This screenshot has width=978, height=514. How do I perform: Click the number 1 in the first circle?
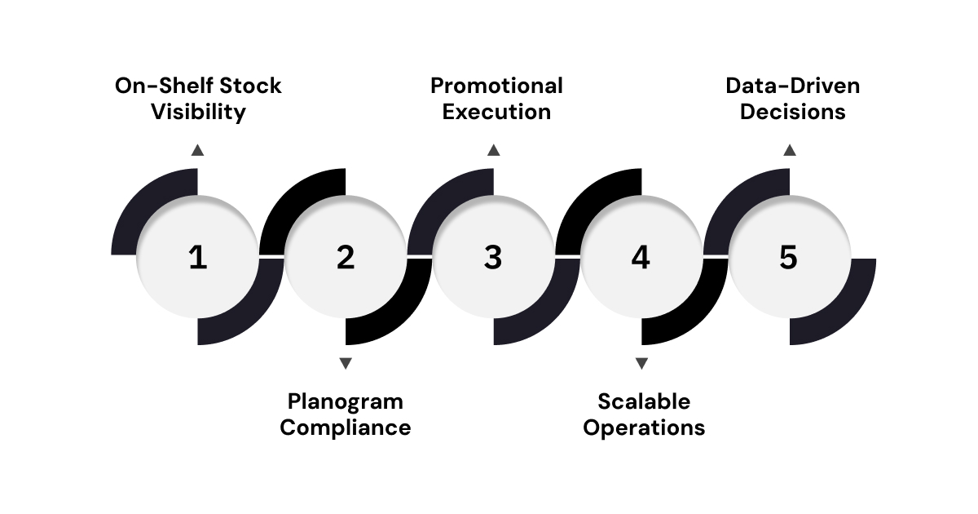[197, 258]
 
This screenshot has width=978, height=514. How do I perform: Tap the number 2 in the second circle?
[346, 258]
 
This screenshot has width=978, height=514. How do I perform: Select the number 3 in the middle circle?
[493, 258]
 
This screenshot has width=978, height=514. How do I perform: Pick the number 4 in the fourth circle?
[641, 258]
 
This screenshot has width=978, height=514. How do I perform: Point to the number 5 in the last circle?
[788, 258]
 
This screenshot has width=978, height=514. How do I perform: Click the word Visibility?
[197, 112]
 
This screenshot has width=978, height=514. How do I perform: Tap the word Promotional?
[496, 86]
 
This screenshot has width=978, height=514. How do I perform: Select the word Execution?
[496, 112]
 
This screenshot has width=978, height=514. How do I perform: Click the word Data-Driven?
[792, 86]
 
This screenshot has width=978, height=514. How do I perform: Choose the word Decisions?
[792, 112]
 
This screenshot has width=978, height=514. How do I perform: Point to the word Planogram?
[346, 401]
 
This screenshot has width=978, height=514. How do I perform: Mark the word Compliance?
[346, 428]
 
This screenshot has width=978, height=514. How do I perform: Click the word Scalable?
[643, 401]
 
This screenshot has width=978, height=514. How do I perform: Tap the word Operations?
[643, 428]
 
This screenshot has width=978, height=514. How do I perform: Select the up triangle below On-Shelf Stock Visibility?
[197, 149]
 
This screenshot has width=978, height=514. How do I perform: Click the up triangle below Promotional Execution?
[493, 149]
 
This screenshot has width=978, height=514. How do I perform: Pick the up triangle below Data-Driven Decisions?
[789, 149]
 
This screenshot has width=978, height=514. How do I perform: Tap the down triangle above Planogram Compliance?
[346, 363]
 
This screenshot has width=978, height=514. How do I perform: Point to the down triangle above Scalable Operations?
[641, 363]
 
